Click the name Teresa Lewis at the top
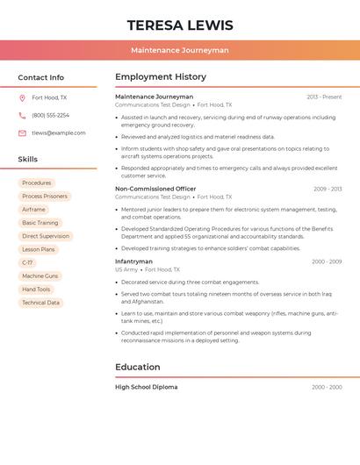180,25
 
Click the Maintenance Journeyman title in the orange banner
180,50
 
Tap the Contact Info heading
41,77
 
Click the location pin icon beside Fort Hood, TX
22,97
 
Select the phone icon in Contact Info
22,115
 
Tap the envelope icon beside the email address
22,133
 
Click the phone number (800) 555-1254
50,115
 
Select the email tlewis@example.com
59,133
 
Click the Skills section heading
28,159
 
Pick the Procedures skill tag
37,183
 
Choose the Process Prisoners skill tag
45,197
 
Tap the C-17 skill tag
28,262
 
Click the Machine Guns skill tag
40,275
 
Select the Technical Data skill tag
41,303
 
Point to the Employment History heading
161,77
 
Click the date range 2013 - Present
324,97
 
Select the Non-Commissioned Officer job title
155,189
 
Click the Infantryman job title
133,261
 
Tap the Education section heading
138,367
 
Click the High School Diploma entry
146,387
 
